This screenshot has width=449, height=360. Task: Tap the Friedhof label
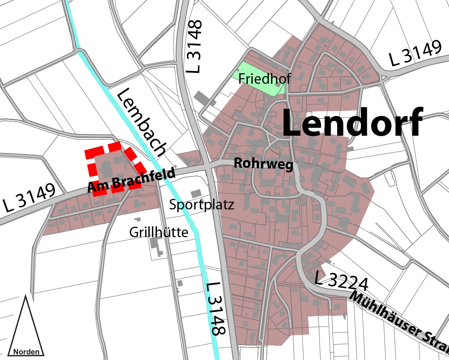tap(264, 79)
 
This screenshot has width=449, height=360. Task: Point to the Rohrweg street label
tap(264, 164)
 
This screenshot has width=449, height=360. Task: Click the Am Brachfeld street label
tap(132, 181)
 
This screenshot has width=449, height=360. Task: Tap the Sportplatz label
tap(202, 205)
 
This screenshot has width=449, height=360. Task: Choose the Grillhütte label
tap(159, 232)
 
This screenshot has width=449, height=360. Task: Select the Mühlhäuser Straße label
tap(398, 318)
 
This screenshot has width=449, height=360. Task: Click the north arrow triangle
tap(26, 326)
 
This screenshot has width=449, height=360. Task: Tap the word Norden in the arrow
tap(27, 352)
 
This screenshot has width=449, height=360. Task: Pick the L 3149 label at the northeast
tap(415, 55)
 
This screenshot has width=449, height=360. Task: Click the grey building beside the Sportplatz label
tap(196, 194)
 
